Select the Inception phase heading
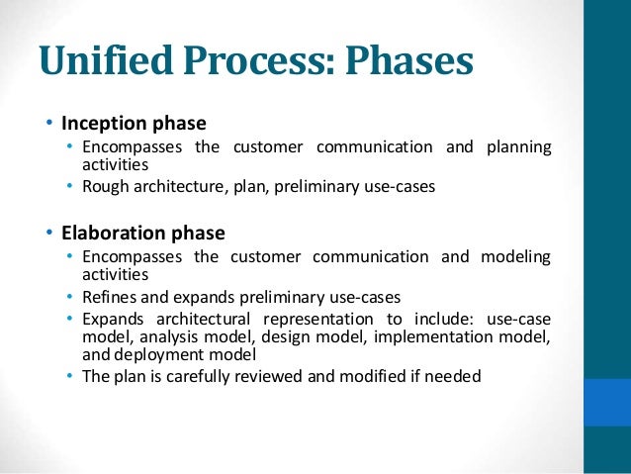(134, 124)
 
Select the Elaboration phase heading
(143, 234)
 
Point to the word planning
(518, 147)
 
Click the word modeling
(515, 257)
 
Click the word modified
(371, 376)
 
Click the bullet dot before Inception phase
(48, 125)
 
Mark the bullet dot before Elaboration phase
(48, 235)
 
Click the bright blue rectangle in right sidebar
(607, 402)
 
